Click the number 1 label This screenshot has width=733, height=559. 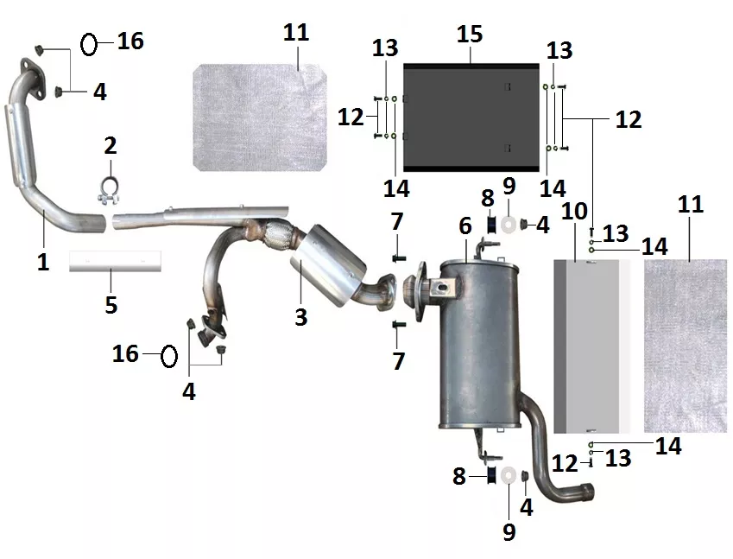43,262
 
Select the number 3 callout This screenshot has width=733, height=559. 301,317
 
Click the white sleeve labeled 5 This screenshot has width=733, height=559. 115,261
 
